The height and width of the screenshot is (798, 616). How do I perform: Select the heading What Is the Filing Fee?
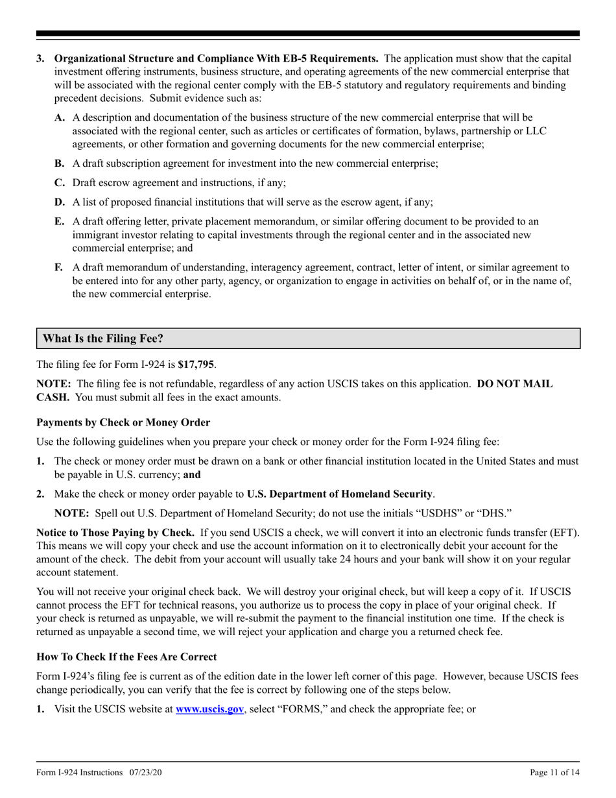103,339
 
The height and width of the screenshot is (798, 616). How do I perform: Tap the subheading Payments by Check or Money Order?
123,422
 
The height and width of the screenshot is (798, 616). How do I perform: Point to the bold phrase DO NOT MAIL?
515,383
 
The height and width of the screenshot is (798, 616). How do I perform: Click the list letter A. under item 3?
60,117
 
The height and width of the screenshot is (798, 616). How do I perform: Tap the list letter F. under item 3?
59,267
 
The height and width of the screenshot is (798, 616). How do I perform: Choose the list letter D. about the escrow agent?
60,202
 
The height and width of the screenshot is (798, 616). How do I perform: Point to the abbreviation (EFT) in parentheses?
564,533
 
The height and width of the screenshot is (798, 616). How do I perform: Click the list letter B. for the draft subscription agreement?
60,163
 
